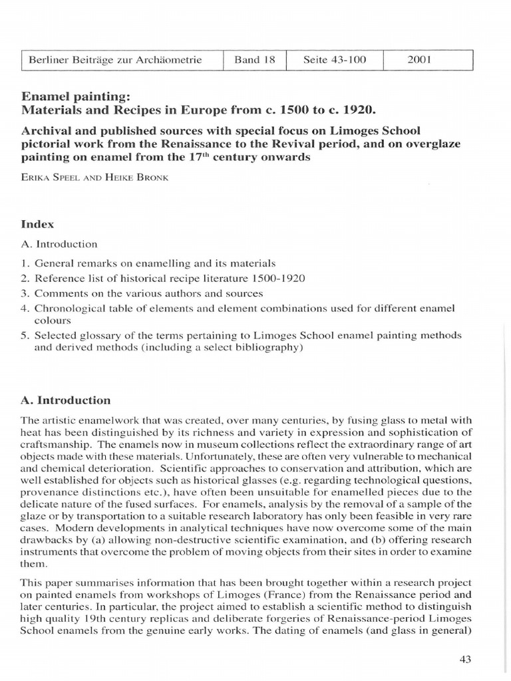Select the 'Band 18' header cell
(254, 60)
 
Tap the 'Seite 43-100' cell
(335, 60)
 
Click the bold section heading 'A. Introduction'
(69, 400)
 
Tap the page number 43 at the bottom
(465, 659)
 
